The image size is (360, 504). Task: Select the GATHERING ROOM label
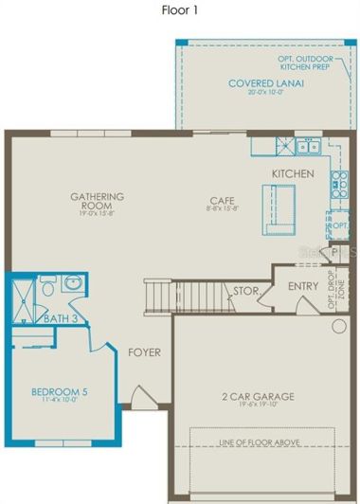coord(97,201)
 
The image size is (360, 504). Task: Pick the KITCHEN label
coord(292,174)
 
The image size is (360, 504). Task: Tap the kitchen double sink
coord(306,147)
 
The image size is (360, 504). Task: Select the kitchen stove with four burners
coord(338,184)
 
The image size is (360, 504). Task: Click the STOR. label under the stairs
coord(246,291)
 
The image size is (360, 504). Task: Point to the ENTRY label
coord(303,285)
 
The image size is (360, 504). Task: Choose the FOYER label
coord(145,352)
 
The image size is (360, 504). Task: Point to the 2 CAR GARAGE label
coord(258,396)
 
